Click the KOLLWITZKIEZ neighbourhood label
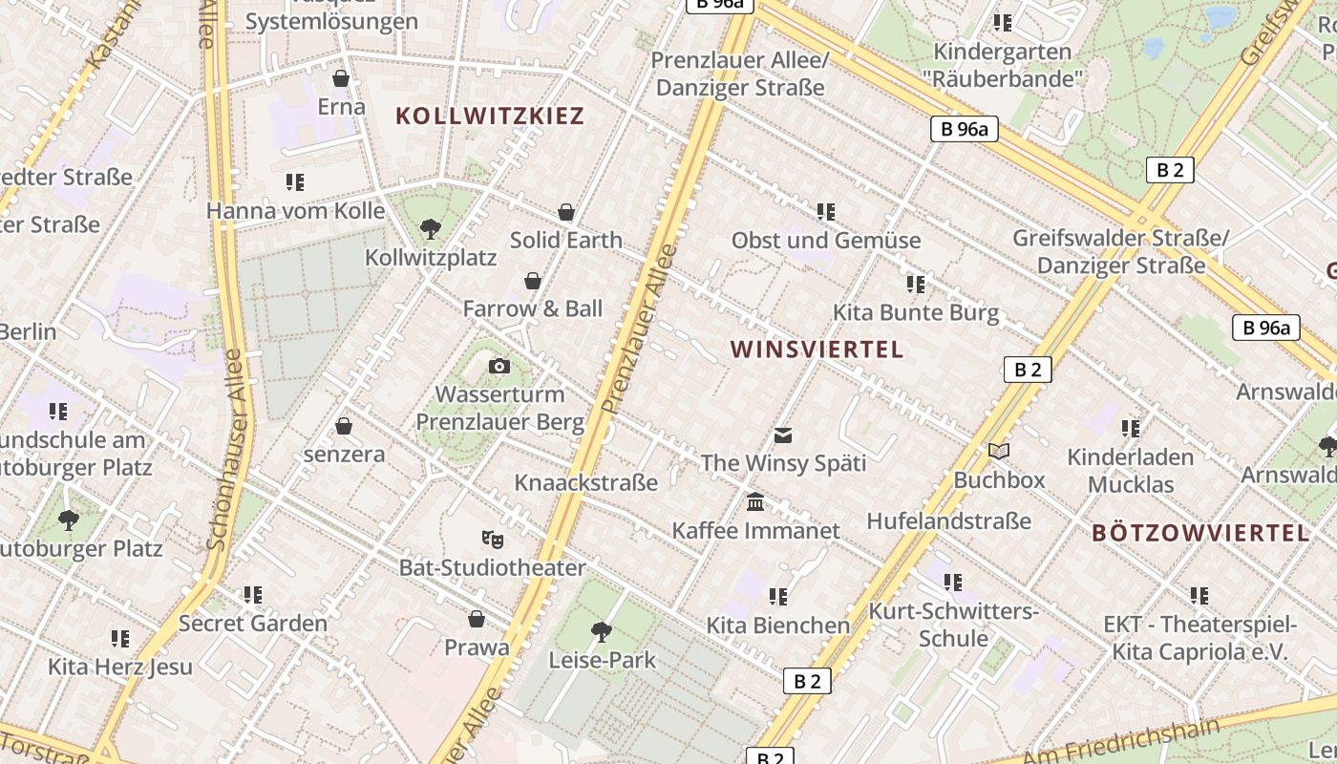click(x=489, y=117)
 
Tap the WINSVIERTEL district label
click(x=817, y=350)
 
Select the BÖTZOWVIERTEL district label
click(x=1200, y=533)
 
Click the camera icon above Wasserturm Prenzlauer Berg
click(x=499, y=366)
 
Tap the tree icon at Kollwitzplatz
click(x=431, y=228)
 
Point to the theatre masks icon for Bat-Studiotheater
click(x=492, y=539)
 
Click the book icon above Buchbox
click(x=999, y=451)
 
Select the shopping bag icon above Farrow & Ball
click(x=533, y=281)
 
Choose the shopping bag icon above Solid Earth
click(x=566, y=211)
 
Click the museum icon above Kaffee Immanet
click(x=755, y=501)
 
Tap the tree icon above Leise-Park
click(x=602, y=630)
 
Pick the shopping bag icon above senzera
click(x=344, y=426)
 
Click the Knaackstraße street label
click(x=586, y=482)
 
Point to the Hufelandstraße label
click(x=948, y=520)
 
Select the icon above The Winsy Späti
click(x=783, y=435)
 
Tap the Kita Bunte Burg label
click(x=916, y=312)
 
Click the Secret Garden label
click(x=253, y=624)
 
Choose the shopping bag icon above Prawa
click(x=477, y=619)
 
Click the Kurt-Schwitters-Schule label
click(x=952, y=625)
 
